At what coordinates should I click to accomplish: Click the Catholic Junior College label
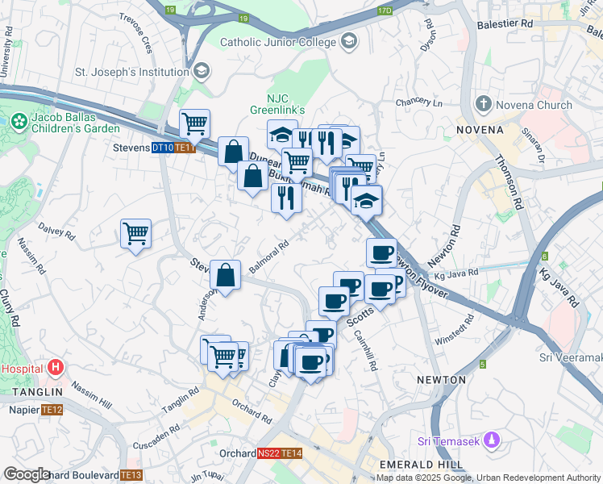279,41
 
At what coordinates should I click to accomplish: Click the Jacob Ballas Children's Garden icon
19,122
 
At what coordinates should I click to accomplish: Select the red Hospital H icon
55,369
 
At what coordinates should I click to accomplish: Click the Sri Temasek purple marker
494,440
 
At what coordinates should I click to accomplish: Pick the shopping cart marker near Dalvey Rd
136,234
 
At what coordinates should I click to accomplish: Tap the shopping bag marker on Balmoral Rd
227,275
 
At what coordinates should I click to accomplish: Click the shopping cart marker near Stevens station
194,124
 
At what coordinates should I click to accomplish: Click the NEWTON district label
441,379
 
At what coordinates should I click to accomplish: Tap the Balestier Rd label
506,24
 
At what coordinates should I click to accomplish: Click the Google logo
27,474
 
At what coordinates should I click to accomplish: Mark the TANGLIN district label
31,392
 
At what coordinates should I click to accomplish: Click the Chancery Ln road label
420,103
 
